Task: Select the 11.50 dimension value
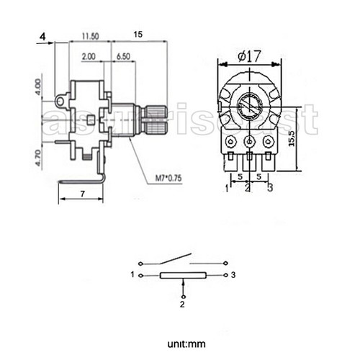90,35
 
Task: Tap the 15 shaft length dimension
138,35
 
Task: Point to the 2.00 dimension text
89,55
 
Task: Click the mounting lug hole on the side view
59,102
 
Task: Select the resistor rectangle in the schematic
184,276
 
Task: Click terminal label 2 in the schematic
182,305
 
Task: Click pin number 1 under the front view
226,189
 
